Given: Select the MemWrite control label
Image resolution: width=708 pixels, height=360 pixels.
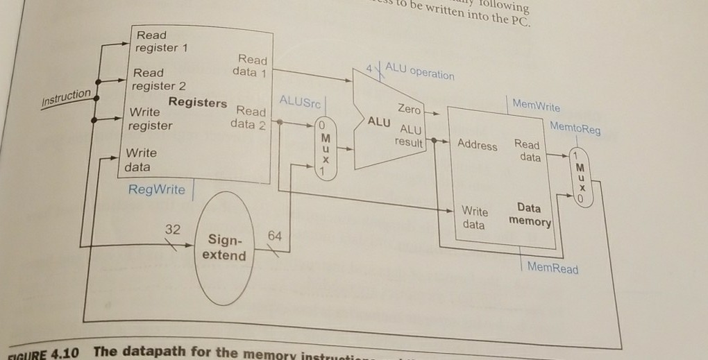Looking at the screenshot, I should (536, 106).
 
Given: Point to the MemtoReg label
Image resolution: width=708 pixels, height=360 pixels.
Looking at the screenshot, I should (576, 128).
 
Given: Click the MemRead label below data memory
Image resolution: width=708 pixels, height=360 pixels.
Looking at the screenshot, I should (553, 268).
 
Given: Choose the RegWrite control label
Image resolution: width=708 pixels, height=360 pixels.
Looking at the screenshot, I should (157, 189).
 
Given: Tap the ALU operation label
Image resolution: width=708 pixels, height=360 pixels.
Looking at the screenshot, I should (419, 71).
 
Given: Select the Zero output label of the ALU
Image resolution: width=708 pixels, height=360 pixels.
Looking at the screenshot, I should (409, 110).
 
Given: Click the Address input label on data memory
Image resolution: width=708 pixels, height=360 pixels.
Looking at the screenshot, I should (478, 145).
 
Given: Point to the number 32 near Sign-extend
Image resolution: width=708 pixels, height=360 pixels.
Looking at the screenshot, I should (173, 229).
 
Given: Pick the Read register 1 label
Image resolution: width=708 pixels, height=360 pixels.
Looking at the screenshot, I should (156, 42).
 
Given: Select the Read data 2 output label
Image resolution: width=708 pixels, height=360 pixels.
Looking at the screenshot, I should (251, 118).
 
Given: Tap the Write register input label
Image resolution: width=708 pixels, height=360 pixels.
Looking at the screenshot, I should (149, 119).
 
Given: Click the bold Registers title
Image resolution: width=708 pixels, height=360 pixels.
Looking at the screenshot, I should (197, 103).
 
